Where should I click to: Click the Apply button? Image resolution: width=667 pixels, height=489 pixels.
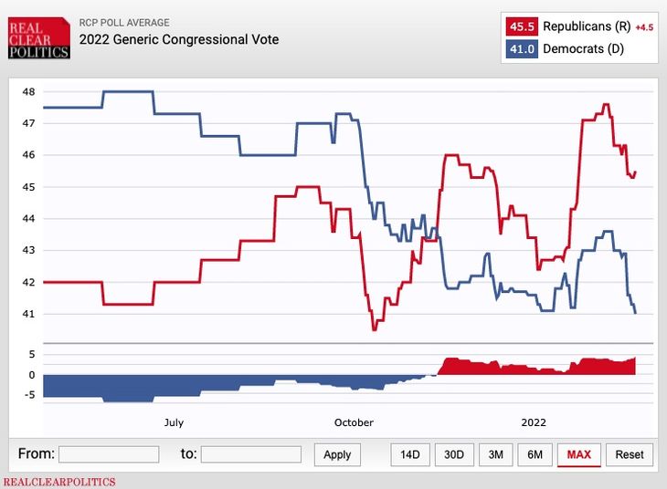pyautogui.click(x=337, y=454)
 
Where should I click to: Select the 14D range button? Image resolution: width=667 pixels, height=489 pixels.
pyautogui.click(x=410, y=454)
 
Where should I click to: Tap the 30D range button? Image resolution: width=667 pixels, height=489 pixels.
pyautogui.click(x=453, y=454)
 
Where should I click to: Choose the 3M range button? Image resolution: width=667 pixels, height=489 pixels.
pyautogui.click(x=494, y=454)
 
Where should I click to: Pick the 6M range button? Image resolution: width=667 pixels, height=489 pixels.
pyautogui.click(x=535, y=454)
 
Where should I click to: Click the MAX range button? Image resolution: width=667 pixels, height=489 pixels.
pyautogui.click(x=578, y=454)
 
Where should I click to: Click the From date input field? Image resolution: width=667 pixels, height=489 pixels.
pyautogui.click(x=109, y=454)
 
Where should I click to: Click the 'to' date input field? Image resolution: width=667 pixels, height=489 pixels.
pyautogui.click(x=250, y=454)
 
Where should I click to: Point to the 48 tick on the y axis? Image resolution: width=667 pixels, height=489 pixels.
pyautogui.click(x=28, y=91)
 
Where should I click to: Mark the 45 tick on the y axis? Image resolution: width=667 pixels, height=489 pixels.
pyautogui.click(x=28, y=187)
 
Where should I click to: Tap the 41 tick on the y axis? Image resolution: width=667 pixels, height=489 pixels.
pyautogui.click(x=28, y=314)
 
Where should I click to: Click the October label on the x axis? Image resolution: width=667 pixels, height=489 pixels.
pyautogui.click(x=354, y=422)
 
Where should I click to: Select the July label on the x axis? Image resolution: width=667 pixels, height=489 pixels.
pyautogui.click(x=174, y=422)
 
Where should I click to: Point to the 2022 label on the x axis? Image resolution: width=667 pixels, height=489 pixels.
pyautogui.click(x=534, y=422)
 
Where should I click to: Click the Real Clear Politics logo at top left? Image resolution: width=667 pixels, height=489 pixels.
pyautogui.click(x=38, y=38)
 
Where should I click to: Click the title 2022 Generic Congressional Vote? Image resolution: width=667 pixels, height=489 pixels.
pyautogui.click(x=179, y=39)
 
